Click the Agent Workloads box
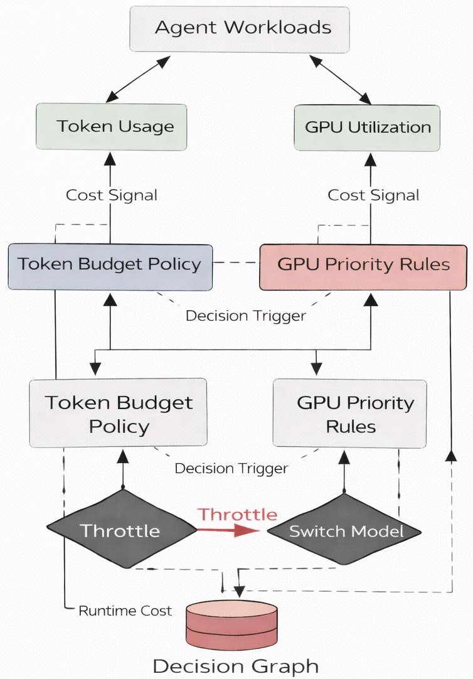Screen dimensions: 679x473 (239, 29)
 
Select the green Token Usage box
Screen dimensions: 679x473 (111, 126)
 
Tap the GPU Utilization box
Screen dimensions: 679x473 (367, 127)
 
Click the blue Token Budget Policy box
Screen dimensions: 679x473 (110, 267)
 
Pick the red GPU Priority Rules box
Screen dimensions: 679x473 (363, 267)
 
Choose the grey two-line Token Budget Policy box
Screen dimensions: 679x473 (118, 413)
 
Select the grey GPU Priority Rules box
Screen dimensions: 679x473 (350, 414)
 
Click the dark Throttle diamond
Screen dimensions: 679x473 (122, 531)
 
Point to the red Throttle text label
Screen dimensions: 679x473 (238, 515)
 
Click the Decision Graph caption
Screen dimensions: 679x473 (236, 665)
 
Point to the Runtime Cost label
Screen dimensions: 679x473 (125, 611)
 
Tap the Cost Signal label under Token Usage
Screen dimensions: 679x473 (112, 195)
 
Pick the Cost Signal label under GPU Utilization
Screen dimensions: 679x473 (373, 195)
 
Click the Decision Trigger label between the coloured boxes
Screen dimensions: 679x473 (246, 315)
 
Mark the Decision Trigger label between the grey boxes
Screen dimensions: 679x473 (231, 468)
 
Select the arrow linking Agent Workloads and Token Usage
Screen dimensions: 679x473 (138, 79)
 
